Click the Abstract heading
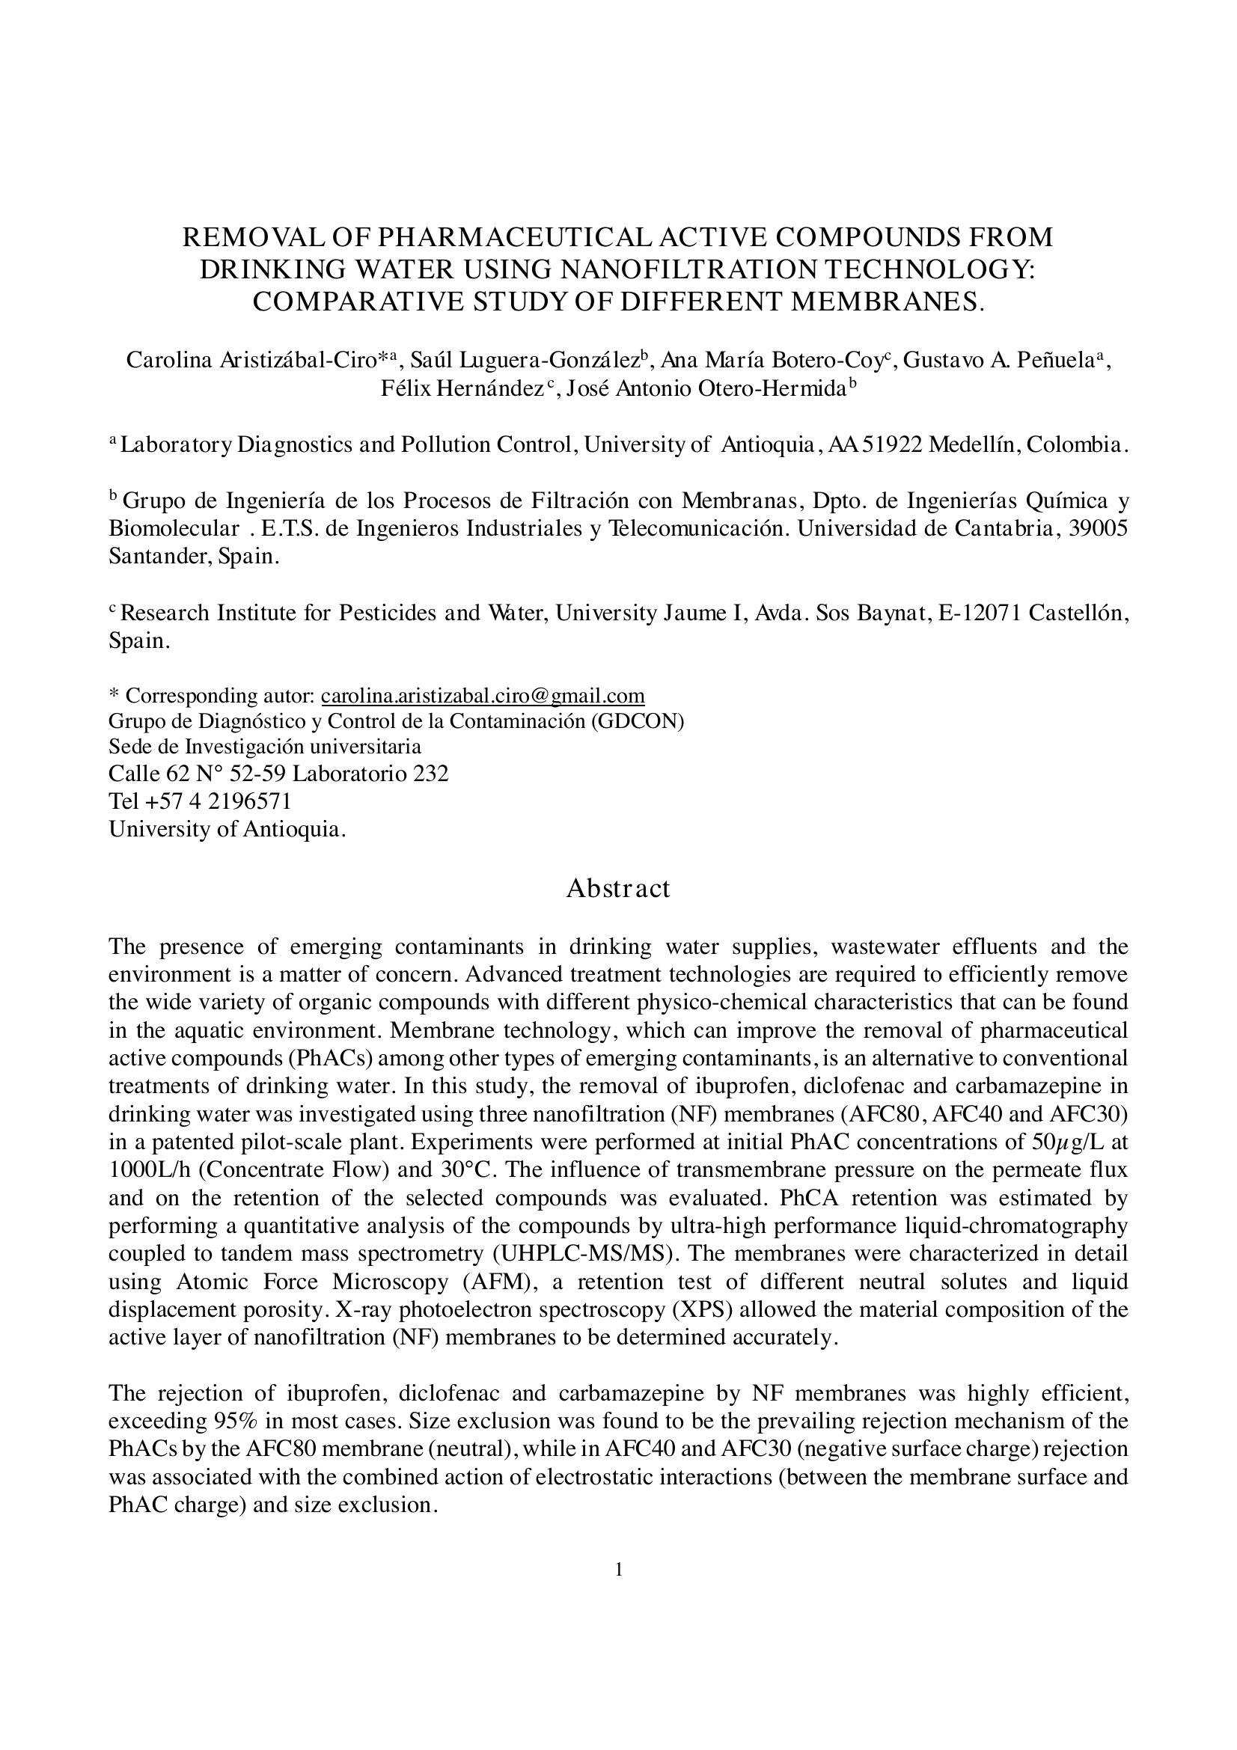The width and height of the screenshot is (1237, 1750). (617, 889)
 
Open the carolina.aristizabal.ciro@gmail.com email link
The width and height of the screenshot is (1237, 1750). (483, 696)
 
